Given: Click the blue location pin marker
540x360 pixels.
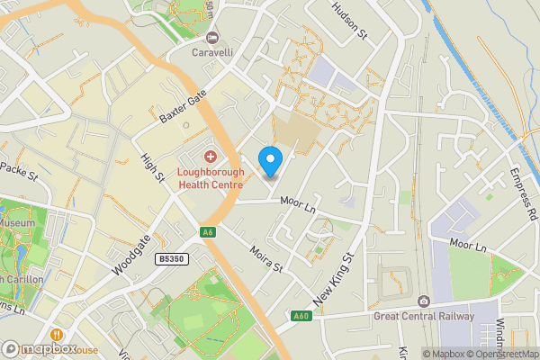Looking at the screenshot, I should tap(271, 162).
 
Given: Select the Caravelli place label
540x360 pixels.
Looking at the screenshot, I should tap(212, 52).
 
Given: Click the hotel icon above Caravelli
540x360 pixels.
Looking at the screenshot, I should tap(212, 37).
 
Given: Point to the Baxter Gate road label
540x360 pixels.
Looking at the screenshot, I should tap(183, 106).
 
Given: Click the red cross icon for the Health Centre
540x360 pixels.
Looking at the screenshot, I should tap(210, 157).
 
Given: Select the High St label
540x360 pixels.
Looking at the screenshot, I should tap(151, 168).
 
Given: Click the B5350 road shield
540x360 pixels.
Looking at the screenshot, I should tap(170, 258).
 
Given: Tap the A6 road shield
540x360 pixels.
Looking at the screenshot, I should tap(209, 233).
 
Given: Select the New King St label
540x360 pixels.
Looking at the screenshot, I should tap(334, 276).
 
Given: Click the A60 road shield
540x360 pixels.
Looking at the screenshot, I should tap(301, 316).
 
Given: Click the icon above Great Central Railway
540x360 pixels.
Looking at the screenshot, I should tap(424, 300).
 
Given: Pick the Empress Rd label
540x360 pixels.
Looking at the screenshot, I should tap(522, 193).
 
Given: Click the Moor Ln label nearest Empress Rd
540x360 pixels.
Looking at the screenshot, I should tap(467, 246).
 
